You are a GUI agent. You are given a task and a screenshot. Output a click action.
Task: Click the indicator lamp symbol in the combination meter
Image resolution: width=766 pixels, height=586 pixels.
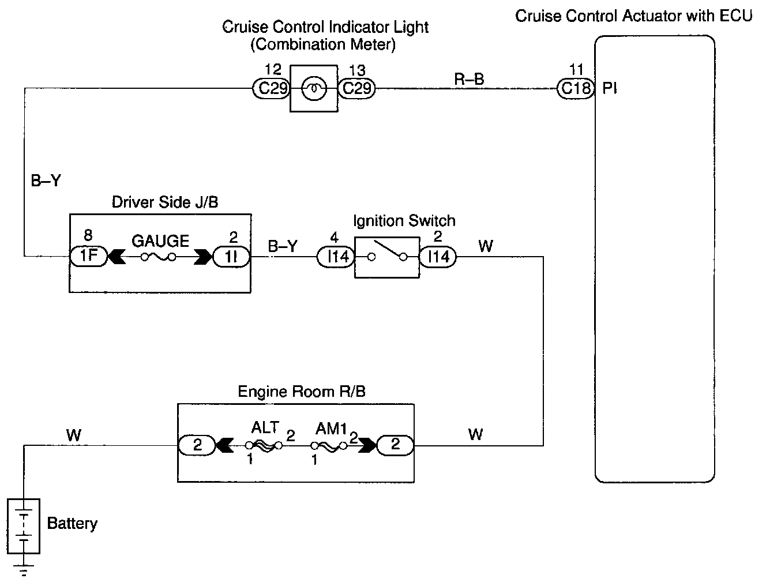point(314,89)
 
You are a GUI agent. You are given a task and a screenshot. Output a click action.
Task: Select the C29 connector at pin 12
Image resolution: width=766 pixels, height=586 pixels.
point(271,89)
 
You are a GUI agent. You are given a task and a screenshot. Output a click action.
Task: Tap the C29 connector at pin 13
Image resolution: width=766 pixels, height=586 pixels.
point(356,89)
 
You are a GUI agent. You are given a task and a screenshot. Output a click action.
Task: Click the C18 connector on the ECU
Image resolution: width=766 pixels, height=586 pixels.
point(576,89)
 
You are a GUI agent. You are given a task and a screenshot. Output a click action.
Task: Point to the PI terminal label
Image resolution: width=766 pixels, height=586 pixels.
point(609,89)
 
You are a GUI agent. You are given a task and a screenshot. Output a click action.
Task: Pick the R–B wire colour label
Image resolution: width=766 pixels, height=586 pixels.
point(469,79)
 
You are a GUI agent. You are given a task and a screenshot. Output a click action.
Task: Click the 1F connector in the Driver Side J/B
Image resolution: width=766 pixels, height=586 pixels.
point(89,256)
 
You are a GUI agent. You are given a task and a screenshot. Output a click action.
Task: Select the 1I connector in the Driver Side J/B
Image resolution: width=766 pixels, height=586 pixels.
point(231,257)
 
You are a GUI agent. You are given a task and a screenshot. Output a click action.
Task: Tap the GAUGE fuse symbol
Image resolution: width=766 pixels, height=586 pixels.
point(158,257)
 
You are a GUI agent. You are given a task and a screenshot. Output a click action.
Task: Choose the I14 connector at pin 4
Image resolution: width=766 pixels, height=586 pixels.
point(336,257)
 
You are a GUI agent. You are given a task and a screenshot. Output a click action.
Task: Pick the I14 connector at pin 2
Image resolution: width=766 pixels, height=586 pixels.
point(438,257)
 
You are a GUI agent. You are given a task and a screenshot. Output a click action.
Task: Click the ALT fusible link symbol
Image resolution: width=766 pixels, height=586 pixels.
point(264,446)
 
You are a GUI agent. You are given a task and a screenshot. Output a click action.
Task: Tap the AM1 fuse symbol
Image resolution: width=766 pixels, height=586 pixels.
point(329,446)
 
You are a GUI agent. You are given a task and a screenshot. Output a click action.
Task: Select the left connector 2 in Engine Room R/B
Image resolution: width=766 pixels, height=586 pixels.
point(197,445)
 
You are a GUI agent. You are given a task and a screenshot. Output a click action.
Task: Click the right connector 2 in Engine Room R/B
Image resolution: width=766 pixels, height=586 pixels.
point(395,445)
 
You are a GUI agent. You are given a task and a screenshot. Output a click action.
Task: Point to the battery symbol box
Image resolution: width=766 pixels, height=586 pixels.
point(24,526)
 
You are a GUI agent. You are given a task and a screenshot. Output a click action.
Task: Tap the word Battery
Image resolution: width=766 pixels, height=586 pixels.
point(72,524)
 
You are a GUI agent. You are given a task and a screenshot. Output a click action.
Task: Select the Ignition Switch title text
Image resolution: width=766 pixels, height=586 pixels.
point(404,221)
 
